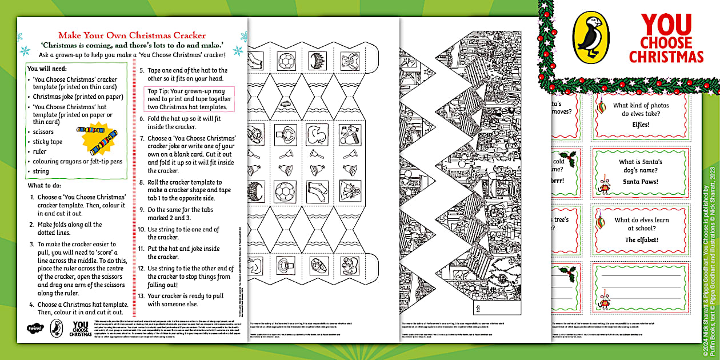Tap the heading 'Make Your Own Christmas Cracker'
(x=132, y=35)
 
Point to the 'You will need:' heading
(x=48, y=68)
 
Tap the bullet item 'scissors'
(x=43, y=131)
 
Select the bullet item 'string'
(x=41, y=171)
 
